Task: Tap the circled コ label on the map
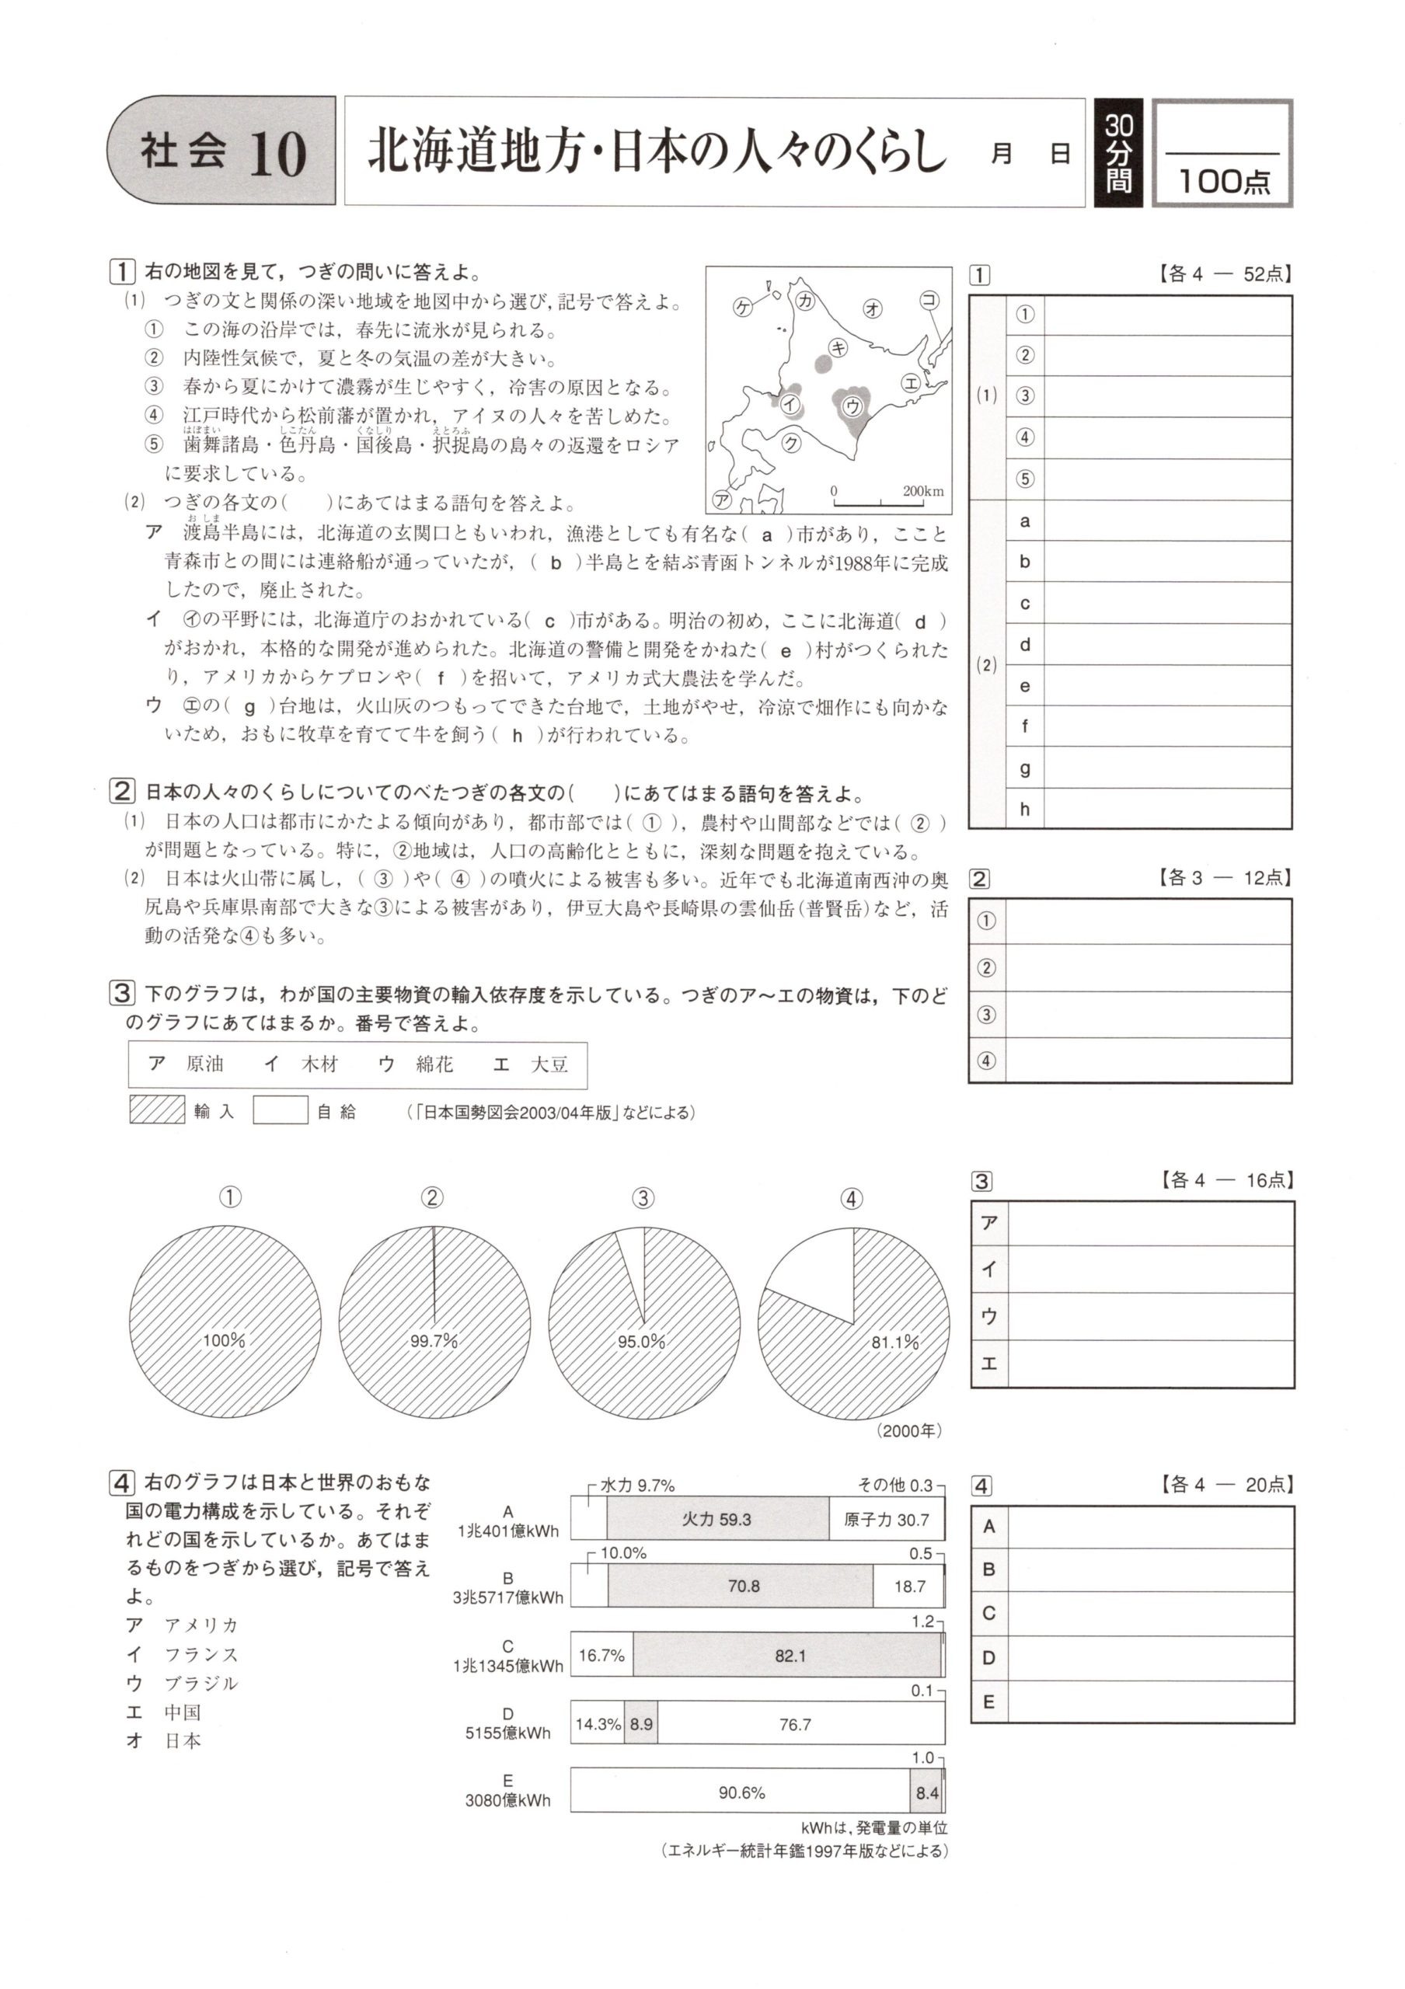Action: pyautogui.click(x=929, y=301)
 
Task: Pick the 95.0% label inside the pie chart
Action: pyautogui.click(x=641, y=1342)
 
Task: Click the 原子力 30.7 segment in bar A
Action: pyautogui.click(x=886, y=1520)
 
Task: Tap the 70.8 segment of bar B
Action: pyautogui.click(x=742, y=1587)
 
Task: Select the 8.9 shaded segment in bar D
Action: pyautogui.click(x=641, y=1725)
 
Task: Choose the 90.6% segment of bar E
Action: pyautogui.click(x=741, y=1792)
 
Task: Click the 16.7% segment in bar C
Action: pyautogui.click(x=602, y=1656)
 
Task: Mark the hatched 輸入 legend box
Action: pyautogui.click(x=157, y=1110)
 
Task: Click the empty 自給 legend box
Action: pyautogui.click(x=280, y=1110)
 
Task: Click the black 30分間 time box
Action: pyautogui.click(x=1118, y=152)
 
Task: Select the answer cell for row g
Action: pyautogui.click(x=1166, y=768)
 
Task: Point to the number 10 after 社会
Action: pyautogui.click(x=277, y=154)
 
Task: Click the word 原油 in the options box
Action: pyautogui.click(x=204, y=1064)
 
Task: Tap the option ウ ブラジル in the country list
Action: pyautogui.click(x=182, y=1682)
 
